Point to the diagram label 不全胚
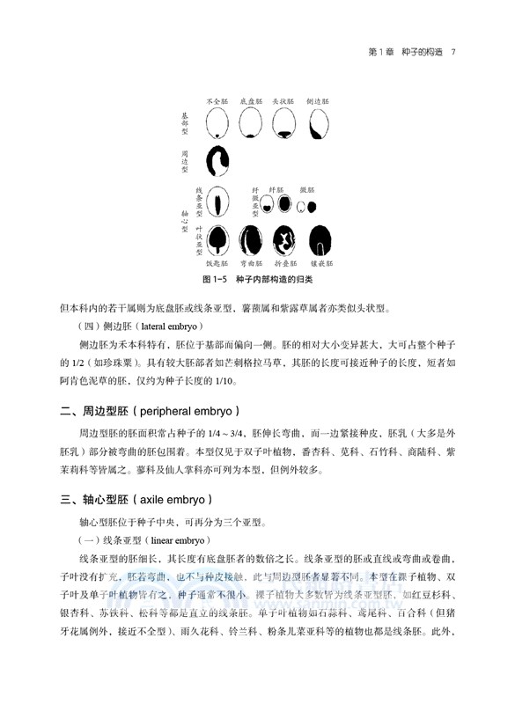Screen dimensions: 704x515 point(217,102)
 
